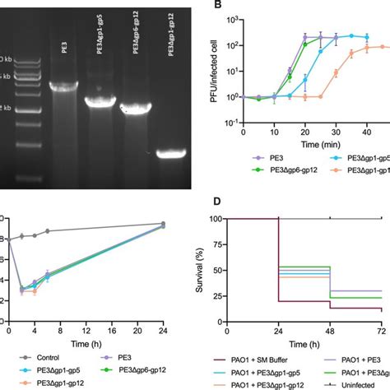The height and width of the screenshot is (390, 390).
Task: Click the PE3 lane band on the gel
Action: click(x=64, y=86)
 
